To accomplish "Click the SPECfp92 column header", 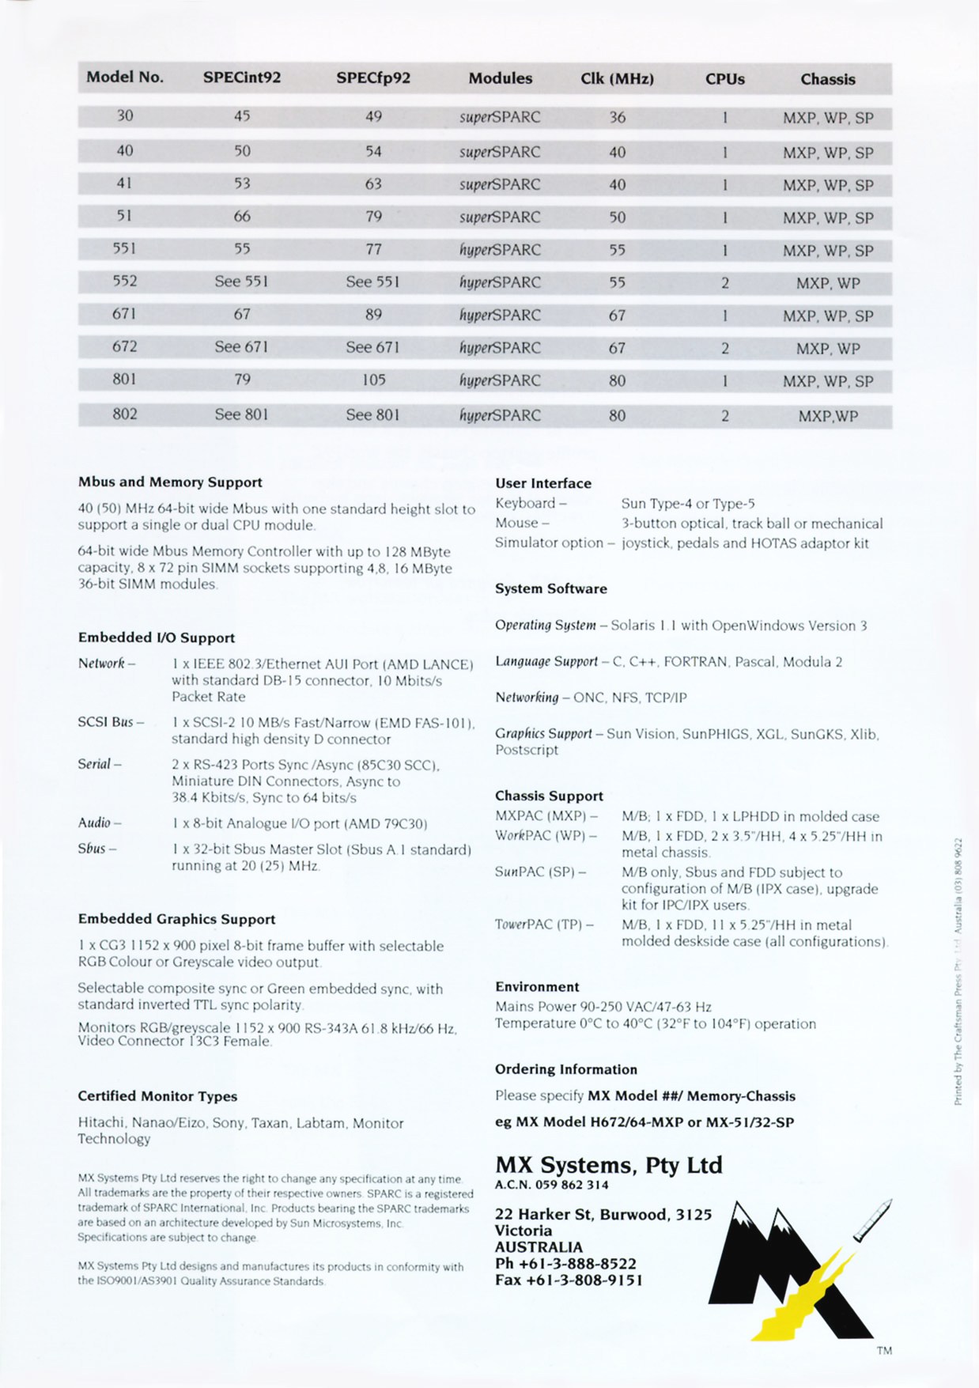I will pos(373,78).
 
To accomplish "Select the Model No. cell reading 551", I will pos(124,248).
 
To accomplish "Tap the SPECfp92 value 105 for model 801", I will pos(373,380).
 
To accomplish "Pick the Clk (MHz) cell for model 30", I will pos(617,117).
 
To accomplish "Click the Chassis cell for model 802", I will pos(827,415).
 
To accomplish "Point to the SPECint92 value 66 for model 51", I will pos(242,216).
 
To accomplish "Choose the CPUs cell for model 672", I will pos(724,348).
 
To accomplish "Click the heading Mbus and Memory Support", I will pos(170,482).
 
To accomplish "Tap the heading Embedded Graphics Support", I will pos(176,919).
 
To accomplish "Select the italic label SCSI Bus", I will pos(110,722).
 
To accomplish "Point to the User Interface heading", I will pos(543,483).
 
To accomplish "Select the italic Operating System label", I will pos(546,625).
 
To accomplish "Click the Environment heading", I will pos(537,986).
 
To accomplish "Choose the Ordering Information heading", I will pos(566,1069).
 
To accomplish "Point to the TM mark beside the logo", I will pos(884,1351).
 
